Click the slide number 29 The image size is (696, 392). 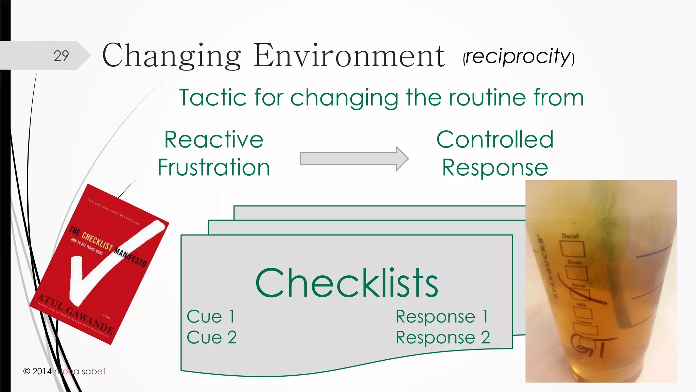pyautogui.click(x=61, y=56)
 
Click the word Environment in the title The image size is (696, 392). pyautogui.click(x=349, y=56)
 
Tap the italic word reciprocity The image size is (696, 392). pyautogui.click(x=518, y=56)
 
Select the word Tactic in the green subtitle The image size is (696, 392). pyautogui.click(x=213, y=98)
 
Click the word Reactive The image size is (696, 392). pyautogui.click(x=214, y=140)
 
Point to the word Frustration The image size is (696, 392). pyautogui.click(x=214, y=167)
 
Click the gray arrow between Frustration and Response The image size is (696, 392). pyautogui.click(x=353, y=159)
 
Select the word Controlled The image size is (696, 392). pyautogui.click(x=495, y=140)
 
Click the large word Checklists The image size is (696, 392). pyautogui.click(x=347, y=283)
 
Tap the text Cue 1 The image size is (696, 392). pyautogui.click(x=211, y=316)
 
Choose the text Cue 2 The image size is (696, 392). pyautogui.click(x=211, y=338)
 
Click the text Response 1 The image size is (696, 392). pyautogui.click(x=442, y=316)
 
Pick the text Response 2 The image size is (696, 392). pyautogui.click(x=442, y=338)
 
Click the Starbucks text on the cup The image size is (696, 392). pyautogui.click(x=546, y=269)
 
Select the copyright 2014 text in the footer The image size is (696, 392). pyautogui.click(x=37, y=371)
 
